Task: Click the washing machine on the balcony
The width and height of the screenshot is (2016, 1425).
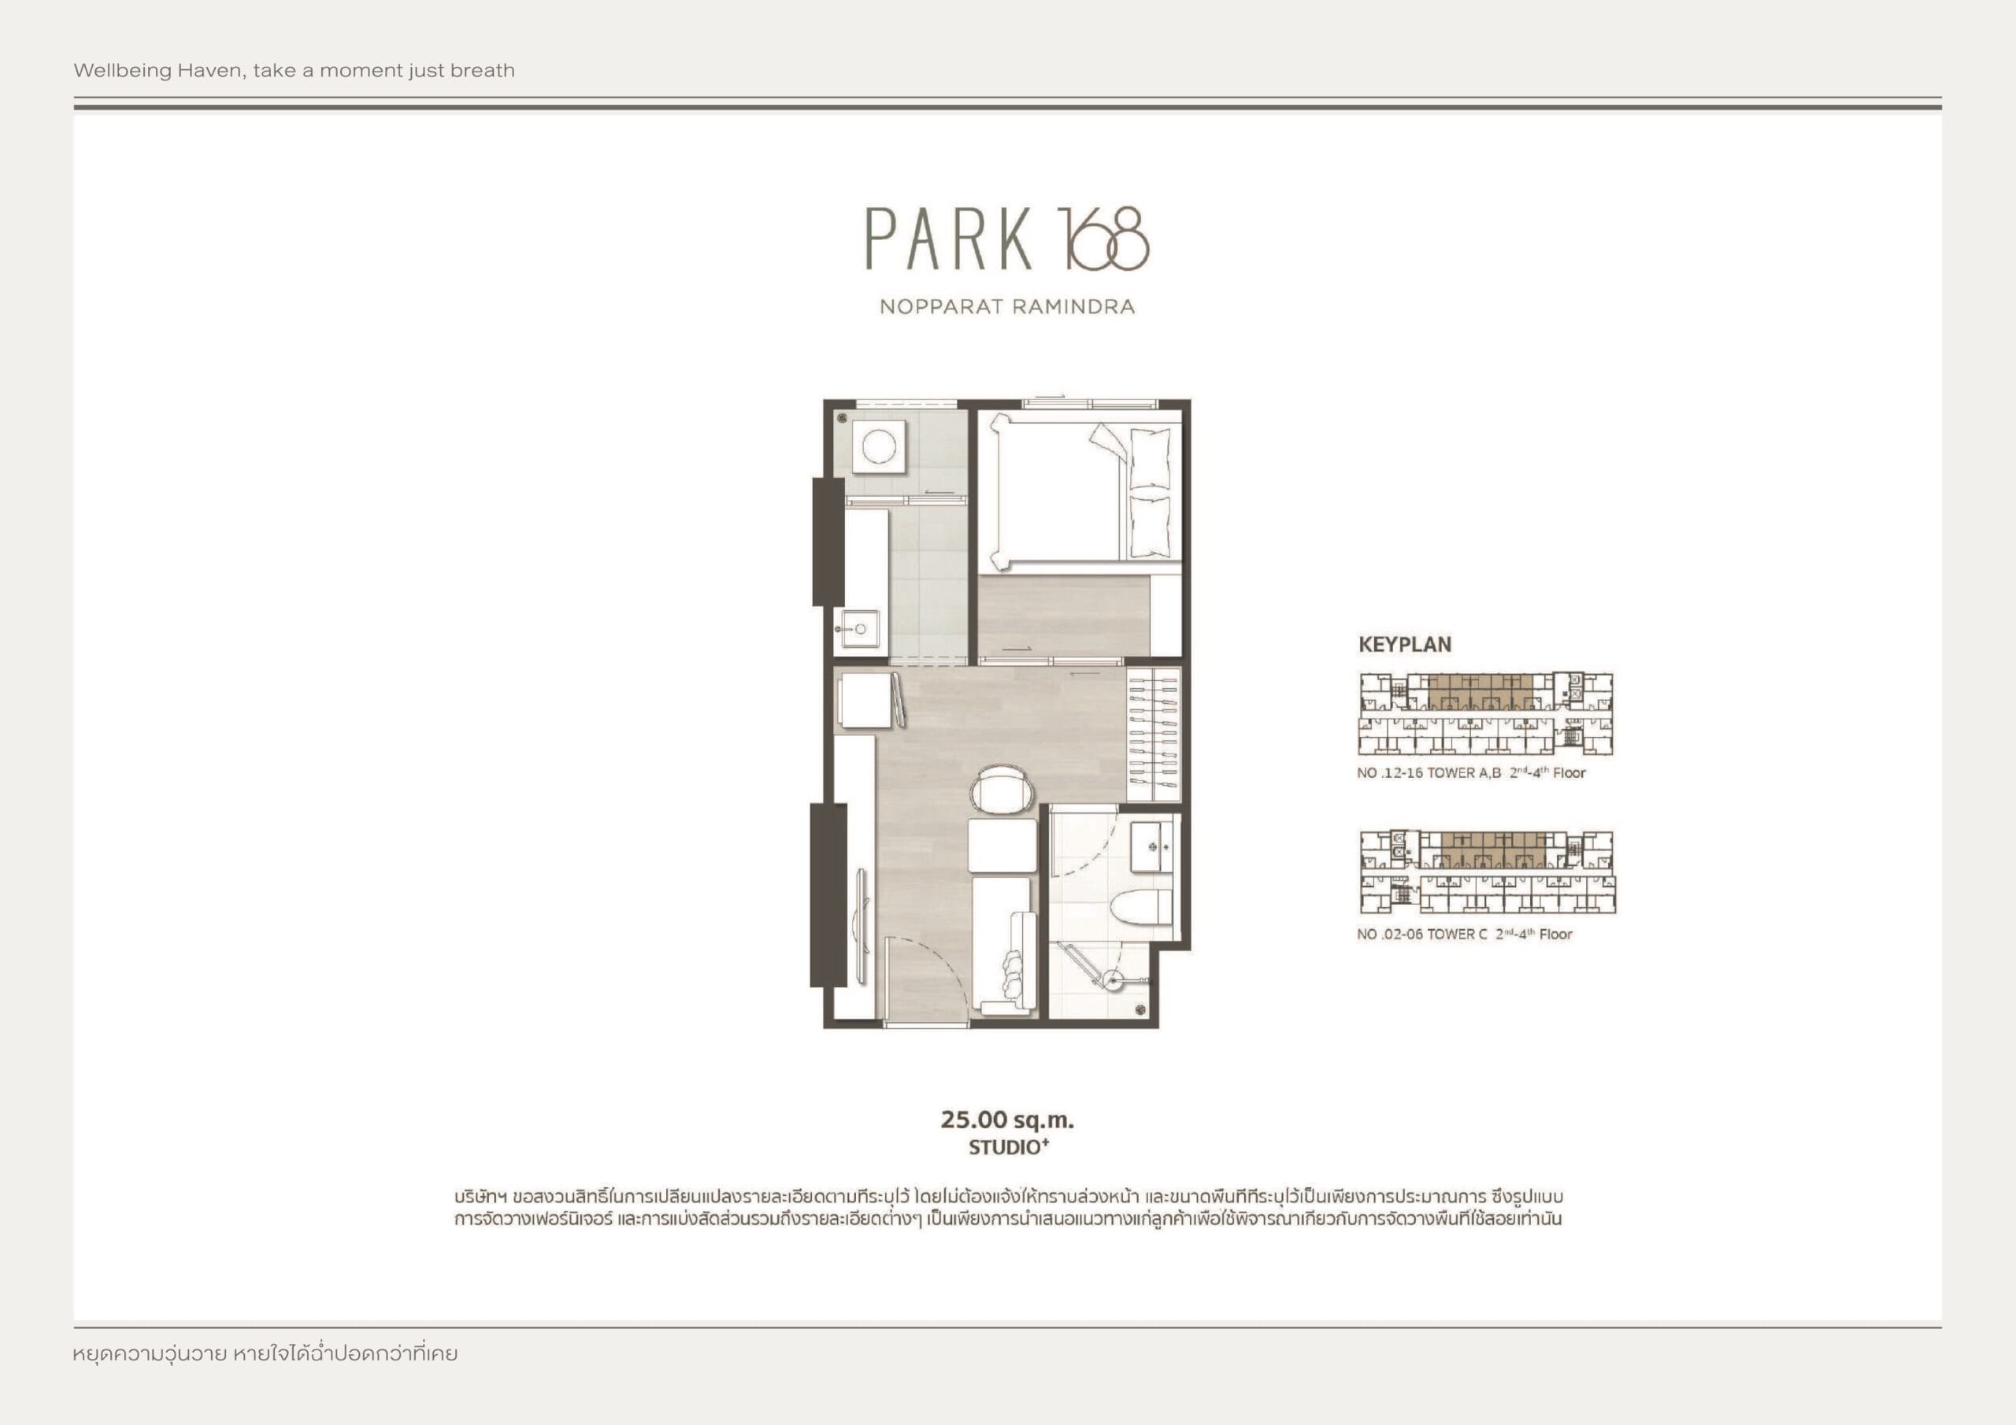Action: (x=878, y=446)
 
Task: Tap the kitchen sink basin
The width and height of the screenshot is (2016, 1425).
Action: (x=856, y=628)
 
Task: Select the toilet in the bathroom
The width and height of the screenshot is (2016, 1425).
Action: (x=1137, y=907)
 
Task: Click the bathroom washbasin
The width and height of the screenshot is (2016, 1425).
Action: (x=1151, y=847)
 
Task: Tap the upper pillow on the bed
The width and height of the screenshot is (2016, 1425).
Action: (x=1150, y=458)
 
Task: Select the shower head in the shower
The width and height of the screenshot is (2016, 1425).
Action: (x=1114, y=980)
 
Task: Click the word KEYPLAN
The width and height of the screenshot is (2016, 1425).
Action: (x=1405, y=645)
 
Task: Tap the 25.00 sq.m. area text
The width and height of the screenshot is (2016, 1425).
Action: (x=1007, y=1120)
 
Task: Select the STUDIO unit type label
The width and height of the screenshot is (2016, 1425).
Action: (x=1009, y=1146)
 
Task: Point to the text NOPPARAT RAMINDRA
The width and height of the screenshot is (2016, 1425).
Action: (x=1007, y=306)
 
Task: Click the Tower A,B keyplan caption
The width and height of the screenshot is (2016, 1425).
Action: (x=1471, y=772)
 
